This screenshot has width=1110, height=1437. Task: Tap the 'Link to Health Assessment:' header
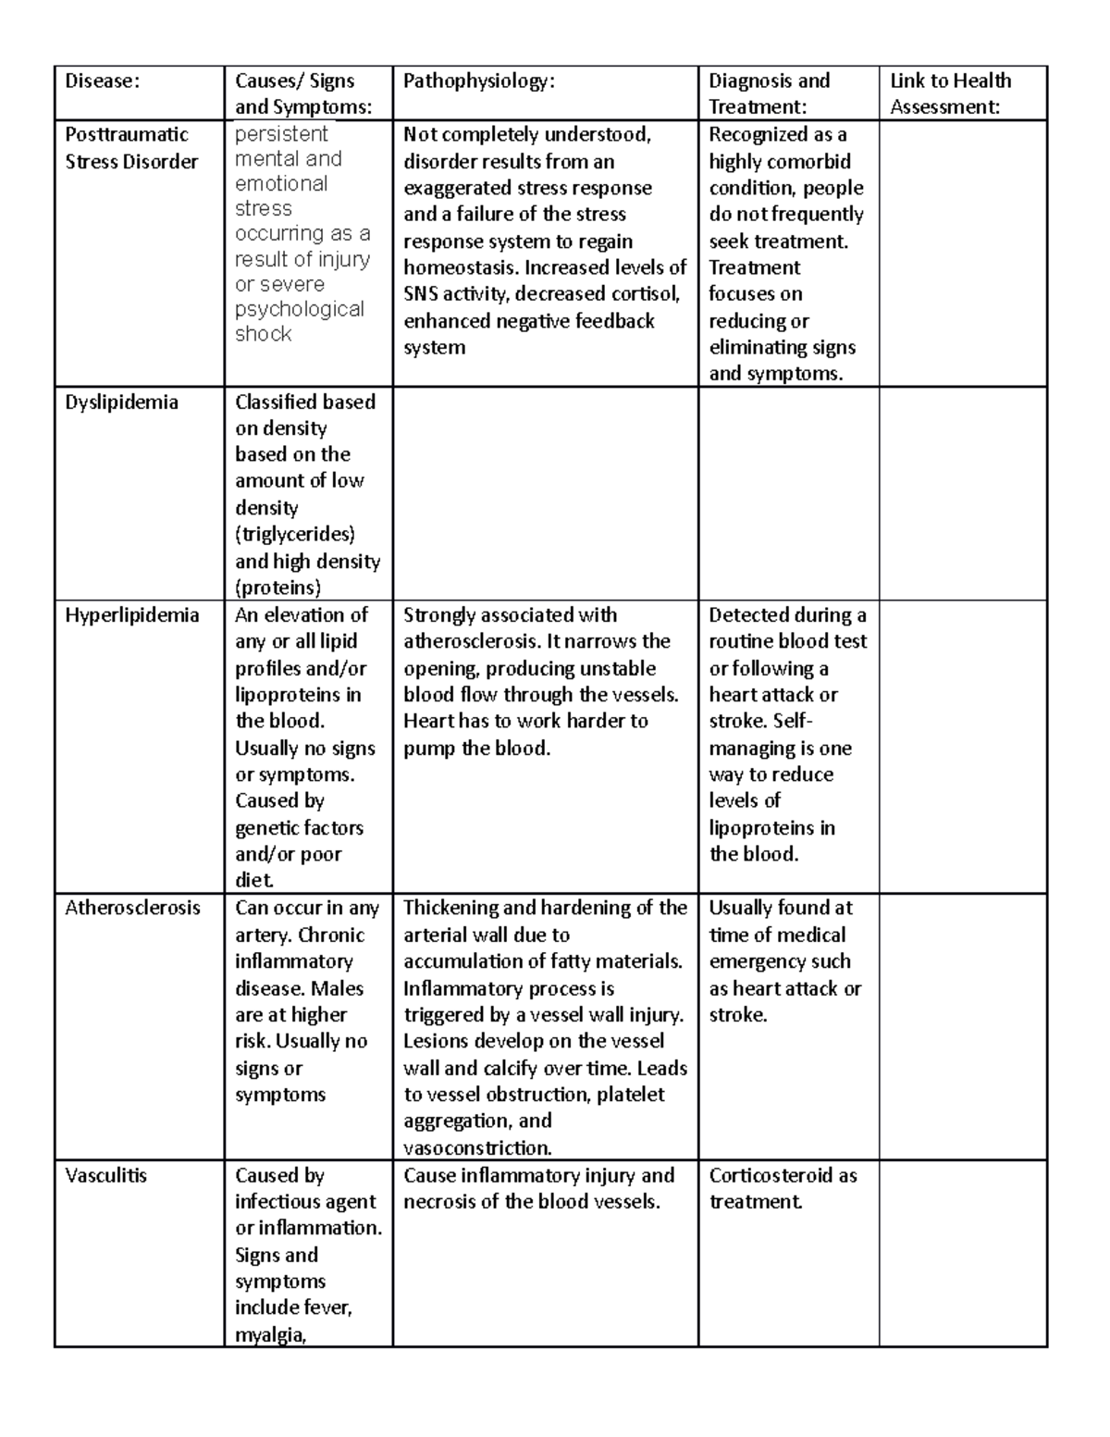(x=951, y=93)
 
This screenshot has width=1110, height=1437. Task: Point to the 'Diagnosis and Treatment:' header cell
(x=769, y=93)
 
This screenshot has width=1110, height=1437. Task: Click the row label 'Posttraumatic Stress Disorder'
(x=130, y=148)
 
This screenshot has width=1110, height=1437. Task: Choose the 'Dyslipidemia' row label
(x=121, y=403)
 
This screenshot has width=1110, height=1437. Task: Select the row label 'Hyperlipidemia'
(x=131, y=615)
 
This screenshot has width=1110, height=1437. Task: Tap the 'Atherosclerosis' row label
(x=132, y=908)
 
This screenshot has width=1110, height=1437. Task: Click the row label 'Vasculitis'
(x=106, y=1176)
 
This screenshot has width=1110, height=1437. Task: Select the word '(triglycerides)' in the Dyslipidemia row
(x=295, y=535)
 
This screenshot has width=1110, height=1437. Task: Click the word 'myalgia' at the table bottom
(x=268, y=1334)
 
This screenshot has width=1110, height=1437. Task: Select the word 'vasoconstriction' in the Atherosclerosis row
(x=476, y=1148)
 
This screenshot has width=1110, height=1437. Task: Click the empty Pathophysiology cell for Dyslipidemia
(x=545, y=494)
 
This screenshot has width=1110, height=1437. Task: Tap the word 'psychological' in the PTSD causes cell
(x=300, y=309)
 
